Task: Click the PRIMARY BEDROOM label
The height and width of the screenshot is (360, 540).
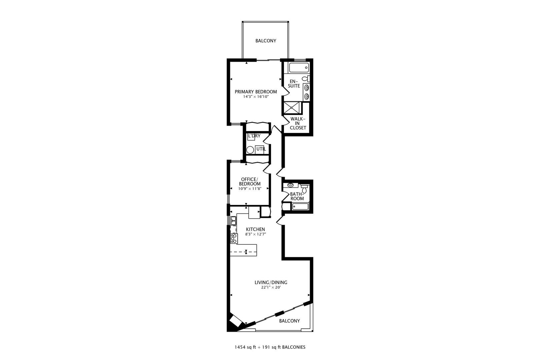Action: pyautogui.click(x=256, y=92)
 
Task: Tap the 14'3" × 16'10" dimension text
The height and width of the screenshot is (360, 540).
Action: pyautogui.click(x=256, y=97)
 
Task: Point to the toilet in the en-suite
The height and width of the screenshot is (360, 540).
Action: pyautogui.click(x=305, y=79)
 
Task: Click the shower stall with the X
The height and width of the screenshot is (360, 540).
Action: pyautogui.click(x=292, y=108)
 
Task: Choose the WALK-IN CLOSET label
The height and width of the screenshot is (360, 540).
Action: pyautogui.click(x=298, y=123)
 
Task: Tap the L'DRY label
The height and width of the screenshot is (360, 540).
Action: pyautogui.click(x=254, y=136)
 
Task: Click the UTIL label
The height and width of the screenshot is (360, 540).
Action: pyautogui.click(x=261, y=149)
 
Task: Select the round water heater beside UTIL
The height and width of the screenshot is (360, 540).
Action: pyautogui.click(x=250, y=150)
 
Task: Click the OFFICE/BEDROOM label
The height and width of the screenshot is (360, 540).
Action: pyautogui.click(x=250, y=181)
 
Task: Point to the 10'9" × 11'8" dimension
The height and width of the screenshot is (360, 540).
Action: pyautogui.click(x=250, y=188)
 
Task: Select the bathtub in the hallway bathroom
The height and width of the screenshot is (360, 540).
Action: pyautogui.click(x=301, y=207)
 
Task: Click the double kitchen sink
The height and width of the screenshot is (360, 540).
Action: pyautogui.click(x=234, y=220)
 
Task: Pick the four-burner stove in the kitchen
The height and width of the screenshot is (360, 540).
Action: pyautogui.click(x=234, y=238)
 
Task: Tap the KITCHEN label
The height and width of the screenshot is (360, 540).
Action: pyautogui.click(x=255, y=229)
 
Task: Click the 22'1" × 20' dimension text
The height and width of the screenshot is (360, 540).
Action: pyautogui.click(x=271, y=287)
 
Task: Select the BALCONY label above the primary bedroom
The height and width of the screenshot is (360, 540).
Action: pyautogui.click(x=266, y=41)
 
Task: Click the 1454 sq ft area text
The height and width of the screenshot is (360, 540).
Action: pyautogui.click(x=245, y=347)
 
